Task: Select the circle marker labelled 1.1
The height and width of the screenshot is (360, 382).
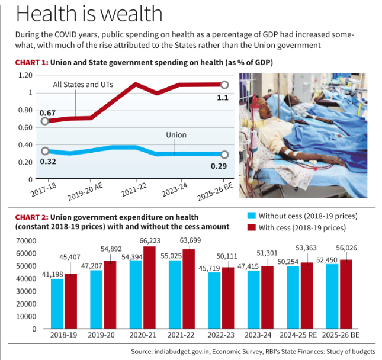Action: click(224, 85)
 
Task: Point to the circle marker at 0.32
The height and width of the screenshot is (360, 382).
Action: click(45, 152)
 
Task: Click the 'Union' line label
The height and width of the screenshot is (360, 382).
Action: click(176, 135)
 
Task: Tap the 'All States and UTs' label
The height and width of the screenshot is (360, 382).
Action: click(84, 85)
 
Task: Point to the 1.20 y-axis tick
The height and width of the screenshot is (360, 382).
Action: click(25, 75)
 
